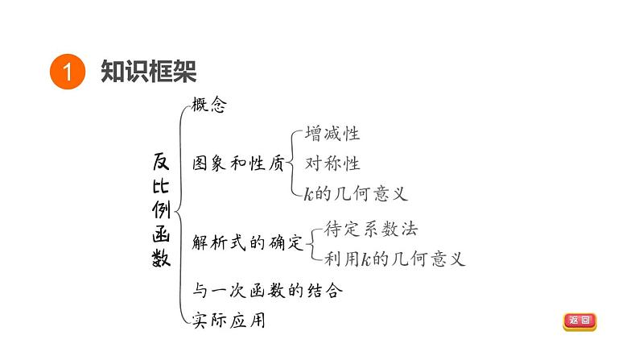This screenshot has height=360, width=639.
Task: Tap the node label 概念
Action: click(x=209, y=105)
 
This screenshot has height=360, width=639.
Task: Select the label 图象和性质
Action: click(x=239, y=163)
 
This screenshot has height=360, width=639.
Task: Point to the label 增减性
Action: click(x=332, y=134)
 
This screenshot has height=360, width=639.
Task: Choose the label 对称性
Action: click(x=332, y=163)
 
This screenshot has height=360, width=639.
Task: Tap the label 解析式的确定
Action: click(x=249, y=242)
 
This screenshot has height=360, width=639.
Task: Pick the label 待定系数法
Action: click(x=371, y=229)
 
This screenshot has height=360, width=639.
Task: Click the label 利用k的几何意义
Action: click(x=395, y=259)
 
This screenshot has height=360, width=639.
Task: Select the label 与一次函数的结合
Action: click(x=268, y=290)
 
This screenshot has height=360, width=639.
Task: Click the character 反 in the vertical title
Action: click(x=161, y=160)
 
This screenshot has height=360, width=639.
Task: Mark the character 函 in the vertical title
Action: click(x=161, y=234)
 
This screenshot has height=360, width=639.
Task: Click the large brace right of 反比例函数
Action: click(x=181, y=213)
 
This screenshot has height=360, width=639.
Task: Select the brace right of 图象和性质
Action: click(x=294, y=163)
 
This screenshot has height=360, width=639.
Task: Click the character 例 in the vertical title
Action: click(x=161, y=209)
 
